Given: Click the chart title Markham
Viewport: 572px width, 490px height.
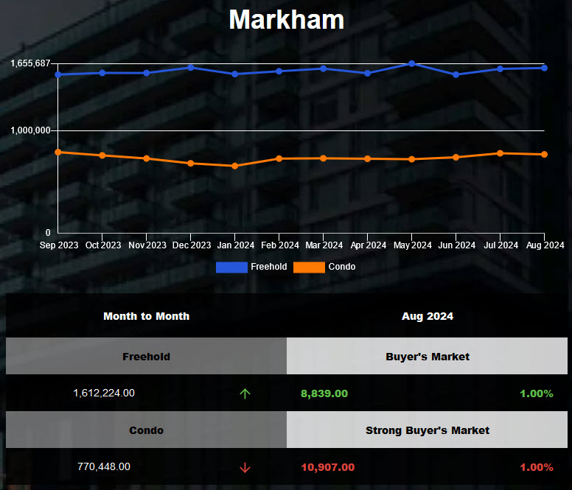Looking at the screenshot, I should (286, 20).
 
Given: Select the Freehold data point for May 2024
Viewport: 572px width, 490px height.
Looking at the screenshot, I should (411, 63).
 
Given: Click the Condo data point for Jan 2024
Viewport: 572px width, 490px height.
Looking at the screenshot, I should (234, 166).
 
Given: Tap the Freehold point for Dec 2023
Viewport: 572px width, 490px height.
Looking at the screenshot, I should (190, 67).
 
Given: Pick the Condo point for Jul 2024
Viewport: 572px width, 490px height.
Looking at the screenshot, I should (500, 153).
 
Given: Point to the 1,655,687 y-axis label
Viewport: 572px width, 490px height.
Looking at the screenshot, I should (29, 63).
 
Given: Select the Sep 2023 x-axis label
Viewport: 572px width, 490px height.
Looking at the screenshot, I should (59, 245).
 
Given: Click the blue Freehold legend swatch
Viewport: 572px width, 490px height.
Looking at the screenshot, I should (231, 267).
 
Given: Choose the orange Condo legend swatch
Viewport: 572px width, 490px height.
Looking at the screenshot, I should (309, 267).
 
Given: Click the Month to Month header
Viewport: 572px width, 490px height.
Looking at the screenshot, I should (146, 316).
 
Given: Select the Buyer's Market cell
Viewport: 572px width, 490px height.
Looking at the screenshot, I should (428, 357).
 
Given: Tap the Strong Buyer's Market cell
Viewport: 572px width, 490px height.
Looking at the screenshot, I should (428, 430).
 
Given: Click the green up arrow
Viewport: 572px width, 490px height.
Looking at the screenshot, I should (245, 393).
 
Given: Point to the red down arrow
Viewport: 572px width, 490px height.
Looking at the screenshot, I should (245, 467).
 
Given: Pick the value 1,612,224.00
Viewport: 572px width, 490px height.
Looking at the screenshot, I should (104, 393).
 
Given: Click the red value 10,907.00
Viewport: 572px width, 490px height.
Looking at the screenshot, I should (327, 467).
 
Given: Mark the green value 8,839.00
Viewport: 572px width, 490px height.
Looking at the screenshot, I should (324, 393).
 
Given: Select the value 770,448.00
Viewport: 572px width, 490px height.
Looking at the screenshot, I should (104, 467).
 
